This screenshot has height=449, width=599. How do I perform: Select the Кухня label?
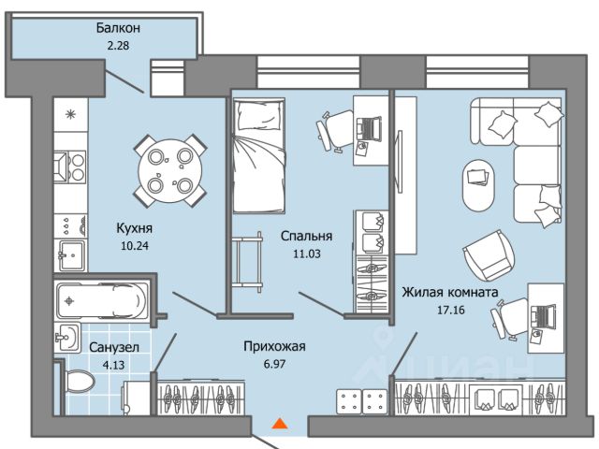pos(135,226)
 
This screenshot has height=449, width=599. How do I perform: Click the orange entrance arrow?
pos(278,424)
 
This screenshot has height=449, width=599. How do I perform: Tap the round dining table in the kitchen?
pos(169,170)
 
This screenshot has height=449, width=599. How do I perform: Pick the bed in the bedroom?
pos(259,154)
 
